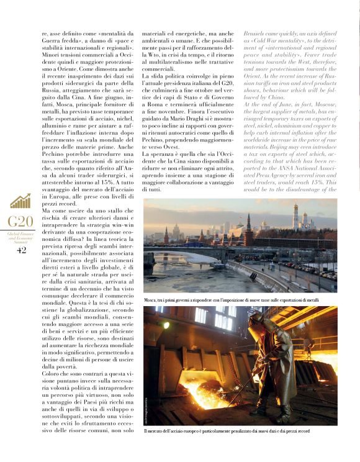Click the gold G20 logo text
(x=20, y=222)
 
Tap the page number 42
(x=21, y=250)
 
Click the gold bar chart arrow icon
(x=20, y=201)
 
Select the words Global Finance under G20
(x=20, y=233)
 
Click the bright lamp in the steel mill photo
(x=166, y=324)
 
